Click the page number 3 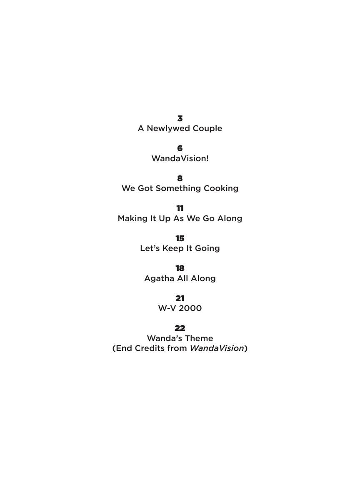180,119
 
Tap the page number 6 180,149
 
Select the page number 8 180,179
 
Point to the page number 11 180,209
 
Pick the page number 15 180,239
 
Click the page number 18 180,269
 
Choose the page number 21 180,299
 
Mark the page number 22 180,329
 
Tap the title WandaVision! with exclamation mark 180,159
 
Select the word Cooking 221,189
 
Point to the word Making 132,219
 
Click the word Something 178,189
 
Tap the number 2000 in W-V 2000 190,309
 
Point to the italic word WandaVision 217,348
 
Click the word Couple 207,129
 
